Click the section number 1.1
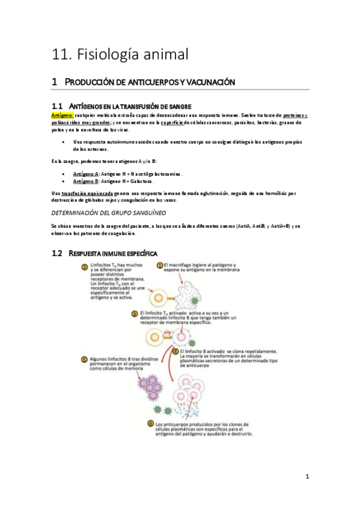coord(58,106)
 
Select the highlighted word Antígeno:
coord(63,114)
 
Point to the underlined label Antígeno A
coord(85,174)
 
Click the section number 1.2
coord(58,253)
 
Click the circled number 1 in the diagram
coord(159,265)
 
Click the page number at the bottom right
coord(307,477)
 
